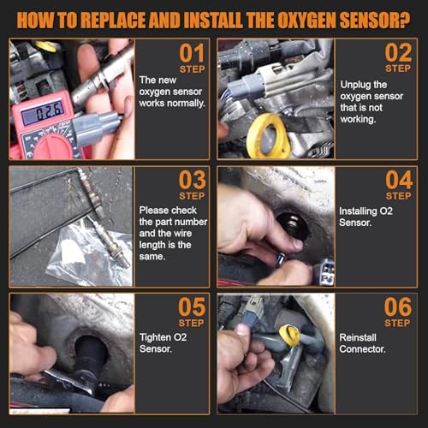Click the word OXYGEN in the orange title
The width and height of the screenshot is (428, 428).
click(x=306, y=20)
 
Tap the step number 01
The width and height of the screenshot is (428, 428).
click(x=192, y=53)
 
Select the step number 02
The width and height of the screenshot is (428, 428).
click(x=398, y=52)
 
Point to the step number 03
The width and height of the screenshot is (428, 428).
click(x=193, y=180)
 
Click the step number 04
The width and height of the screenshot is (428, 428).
click(x=399, y=180)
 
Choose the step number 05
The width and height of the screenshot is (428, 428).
click(x=192, y=307)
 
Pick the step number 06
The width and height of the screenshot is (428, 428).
click(x=398, y=307)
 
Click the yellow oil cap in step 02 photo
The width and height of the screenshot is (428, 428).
click(x=268, y=136)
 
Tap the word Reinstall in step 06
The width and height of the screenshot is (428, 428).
click(x=358, y=337)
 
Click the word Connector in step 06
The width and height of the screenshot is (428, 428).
click(x=362, y=349)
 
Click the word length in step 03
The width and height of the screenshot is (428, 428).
click(x=152, y=245)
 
